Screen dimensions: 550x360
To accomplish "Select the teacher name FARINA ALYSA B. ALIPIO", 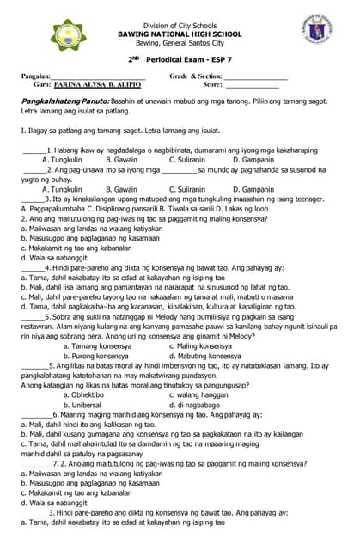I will point(98,85).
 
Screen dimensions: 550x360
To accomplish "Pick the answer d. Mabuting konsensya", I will point(204,355).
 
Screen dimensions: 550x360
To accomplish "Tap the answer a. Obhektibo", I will point(89,394).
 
